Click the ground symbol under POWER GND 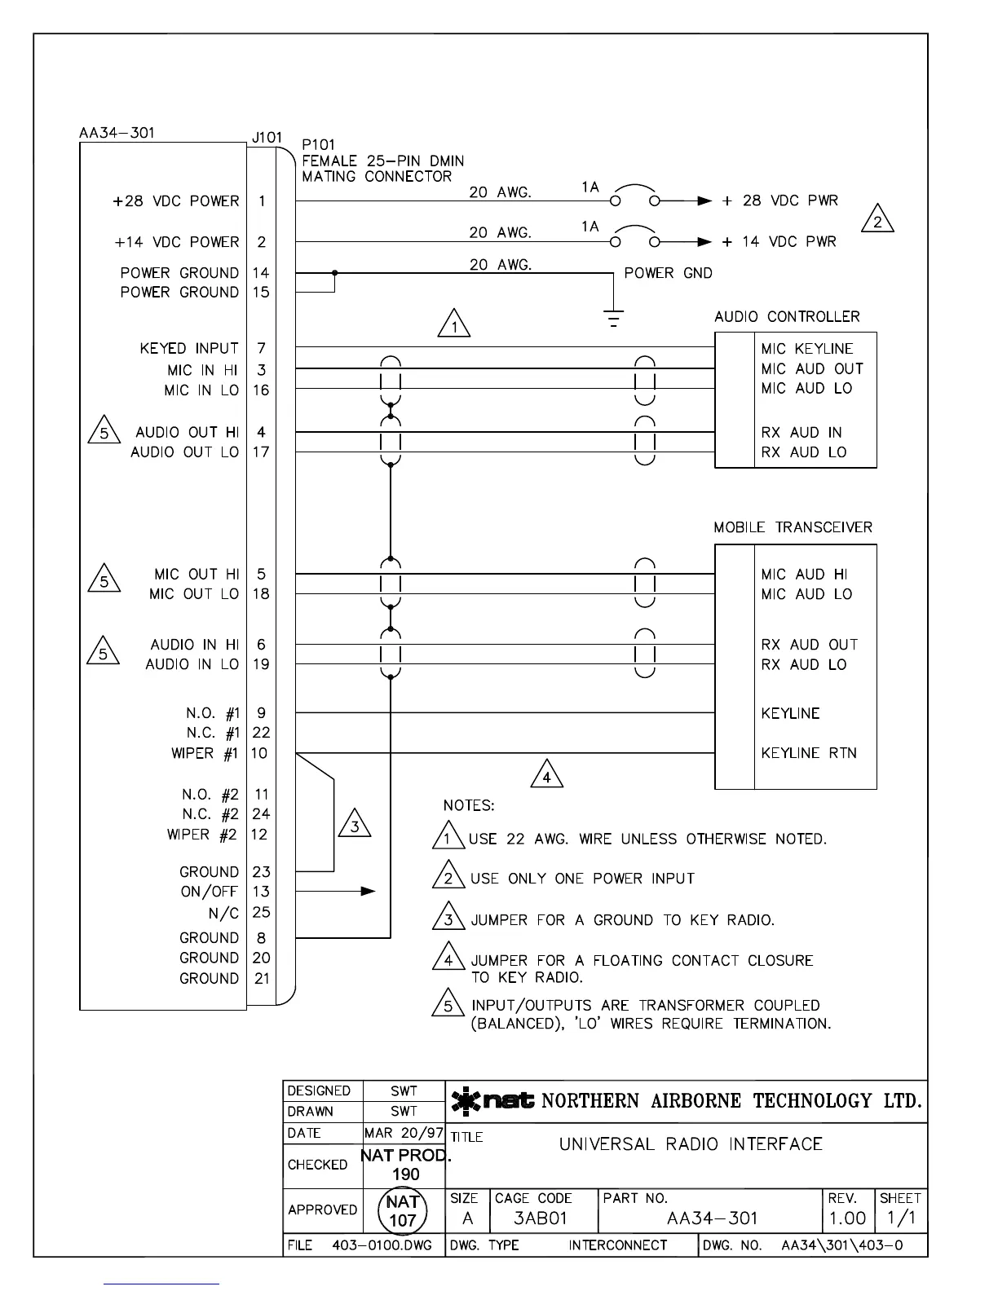point(613,318)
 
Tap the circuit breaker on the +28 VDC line point(635,196)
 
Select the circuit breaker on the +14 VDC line point(635,238)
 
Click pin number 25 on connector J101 point(261,913)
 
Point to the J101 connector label point(267,137)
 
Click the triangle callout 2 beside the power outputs point(877,219)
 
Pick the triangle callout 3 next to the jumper point(355,825)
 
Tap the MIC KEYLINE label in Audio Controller point(807,349)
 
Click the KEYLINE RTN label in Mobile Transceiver point(809,753)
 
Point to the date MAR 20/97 point(404,1133)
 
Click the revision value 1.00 point(847,1218)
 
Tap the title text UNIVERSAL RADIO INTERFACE point(691,1144)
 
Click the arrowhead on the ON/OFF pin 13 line point(369,892)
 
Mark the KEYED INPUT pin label point(189,349)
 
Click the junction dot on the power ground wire point(334,273)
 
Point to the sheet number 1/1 point(899,1218)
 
